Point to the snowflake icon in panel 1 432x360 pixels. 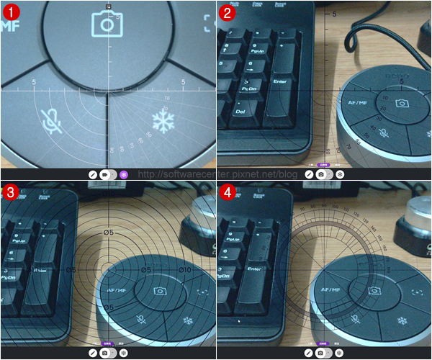(x=163, y=122)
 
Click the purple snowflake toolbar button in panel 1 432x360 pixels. (x=124, y=174)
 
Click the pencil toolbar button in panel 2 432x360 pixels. (x=309, y=174)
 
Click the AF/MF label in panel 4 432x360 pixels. (x=332, y=291)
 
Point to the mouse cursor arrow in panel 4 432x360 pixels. (x=240, y=321)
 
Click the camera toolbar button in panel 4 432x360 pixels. (x=321, y=354)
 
